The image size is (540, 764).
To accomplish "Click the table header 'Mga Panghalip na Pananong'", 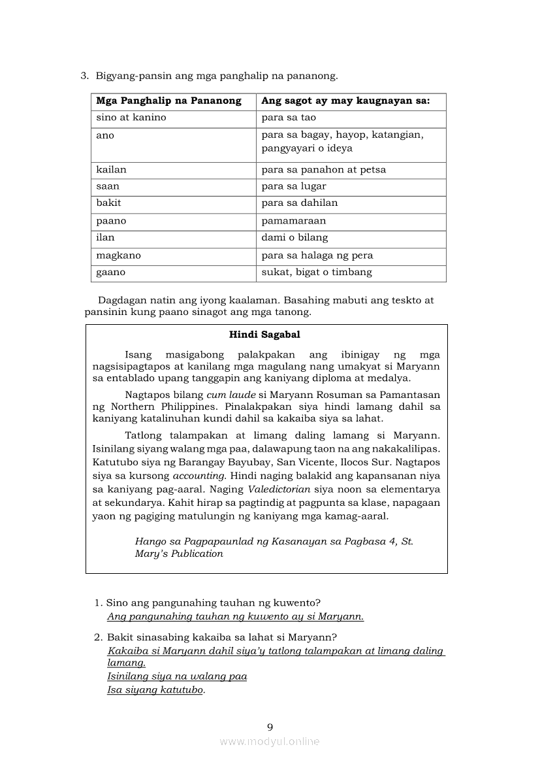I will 168,101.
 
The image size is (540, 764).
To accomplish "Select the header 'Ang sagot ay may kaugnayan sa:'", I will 345,101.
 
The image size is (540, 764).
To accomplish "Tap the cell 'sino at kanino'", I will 131,118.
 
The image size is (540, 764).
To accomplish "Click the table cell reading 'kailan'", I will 112,169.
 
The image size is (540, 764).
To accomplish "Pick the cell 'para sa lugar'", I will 294,186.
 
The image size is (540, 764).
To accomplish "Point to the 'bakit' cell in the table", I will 109,203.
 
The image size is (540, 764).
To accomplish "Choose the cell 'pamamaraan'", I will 294,221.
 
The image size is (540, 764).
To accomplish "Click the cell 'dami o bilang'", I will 294,237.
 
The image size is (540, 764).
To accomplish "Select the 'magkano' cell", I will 119,256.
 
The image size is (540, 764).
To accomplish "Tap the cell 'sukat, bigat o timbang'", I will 317,272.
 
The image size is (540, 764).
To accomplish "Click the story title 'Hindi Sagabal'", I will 264,335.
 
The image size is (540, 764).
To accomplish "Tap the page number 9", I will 270,727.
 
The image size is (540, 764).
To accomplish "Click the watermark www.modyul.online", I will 270,741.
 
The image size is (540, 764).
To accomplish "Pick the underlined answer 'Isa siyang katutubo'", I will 155,690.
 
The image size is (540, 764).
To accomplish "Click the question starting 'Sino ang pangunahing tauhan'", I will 214,603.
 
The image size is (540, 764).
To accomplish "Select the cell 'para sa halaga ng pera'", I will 317,256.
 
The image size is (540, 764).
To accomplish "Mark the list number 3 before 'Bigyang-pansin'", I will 84,76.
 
